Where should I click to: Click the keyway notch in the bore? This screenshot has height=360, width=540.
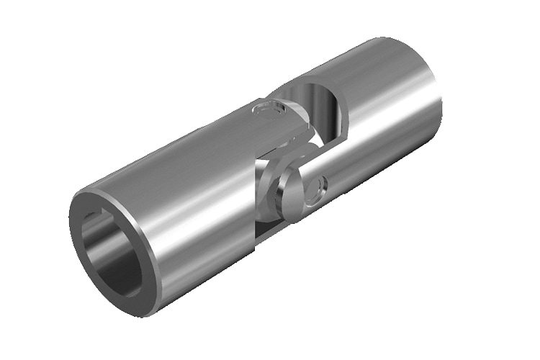91,217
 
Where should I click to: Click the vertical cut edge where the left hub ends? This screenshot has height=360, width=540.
256,209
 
